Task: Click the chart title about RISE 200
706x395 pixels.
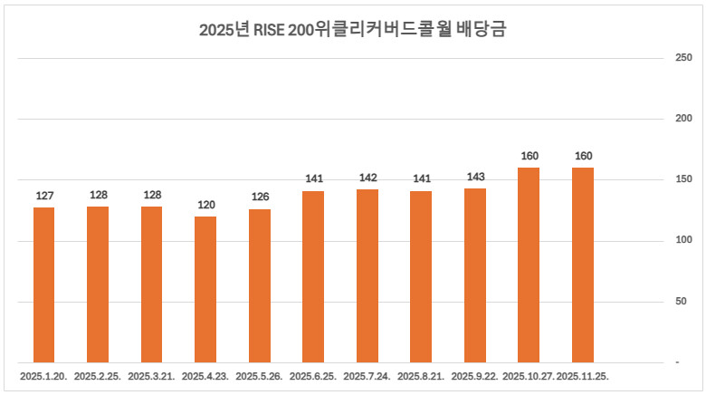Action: click(352, 30)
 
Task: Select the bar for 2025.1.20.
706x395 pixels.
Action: click(44, 284)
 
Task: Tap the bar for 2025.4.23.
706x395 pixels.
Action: click(205, 289)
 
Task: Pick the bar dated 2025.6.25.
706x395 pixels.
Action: click(313, 276)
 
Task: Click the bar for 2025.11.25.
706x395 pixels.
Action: click(583, 265)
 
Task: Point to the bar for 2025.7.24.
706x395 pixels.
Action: click(367, 275)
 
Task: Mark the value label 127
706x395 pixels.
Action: click(44, 196)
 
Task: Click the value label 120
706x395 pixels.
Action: click(205, 205)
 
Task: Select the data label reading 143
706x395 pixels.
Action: click(475, 177)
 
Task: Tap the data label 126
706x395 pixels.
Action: click(260, 197)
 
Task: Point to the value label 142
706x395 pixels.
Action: click(367, 178)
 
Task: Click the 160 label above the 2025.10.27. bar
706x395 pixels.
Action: click(529, 156)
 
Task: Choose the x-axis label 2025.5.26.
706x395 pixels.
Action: click(260, 374)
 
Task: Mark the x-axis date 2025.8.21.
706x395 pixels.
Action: click(421, 374)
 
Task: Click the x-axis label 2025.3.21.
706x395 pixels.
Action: click(152, 374)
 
